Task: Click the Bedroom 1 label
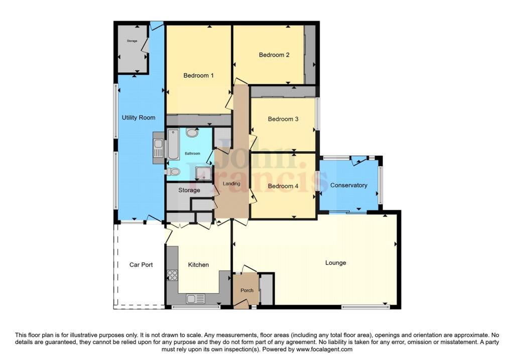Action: pos(198,75)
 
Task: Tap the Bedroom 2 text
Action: pos(274,55)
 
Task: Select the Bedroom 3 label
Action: pos(283,119)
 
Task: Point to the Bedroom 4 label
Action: pos(283,186)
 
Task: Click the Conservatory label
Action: pos(349,185)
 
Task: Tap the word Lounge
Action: pos(335,263)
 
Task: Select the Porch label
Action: pos(247,290)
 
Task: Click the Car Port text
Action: pos(141,265)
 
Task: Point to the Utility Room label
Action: pos(139,117)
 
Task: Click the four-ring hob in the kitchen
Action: pos(173,275)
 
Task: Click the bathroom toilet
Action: pos(173,172)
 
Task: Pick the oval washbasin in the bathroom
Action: pos(192,133)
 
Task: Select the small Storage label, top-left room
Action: pos(132,41)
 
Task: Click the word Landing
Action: pos(232,184)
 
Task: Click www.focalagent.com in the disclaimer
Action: pos(324,349)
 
